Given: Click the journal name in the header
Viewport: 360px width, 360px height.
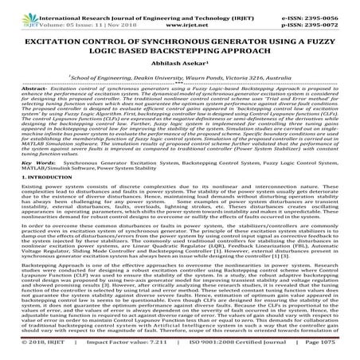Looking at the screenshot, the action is coord(160,6).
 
